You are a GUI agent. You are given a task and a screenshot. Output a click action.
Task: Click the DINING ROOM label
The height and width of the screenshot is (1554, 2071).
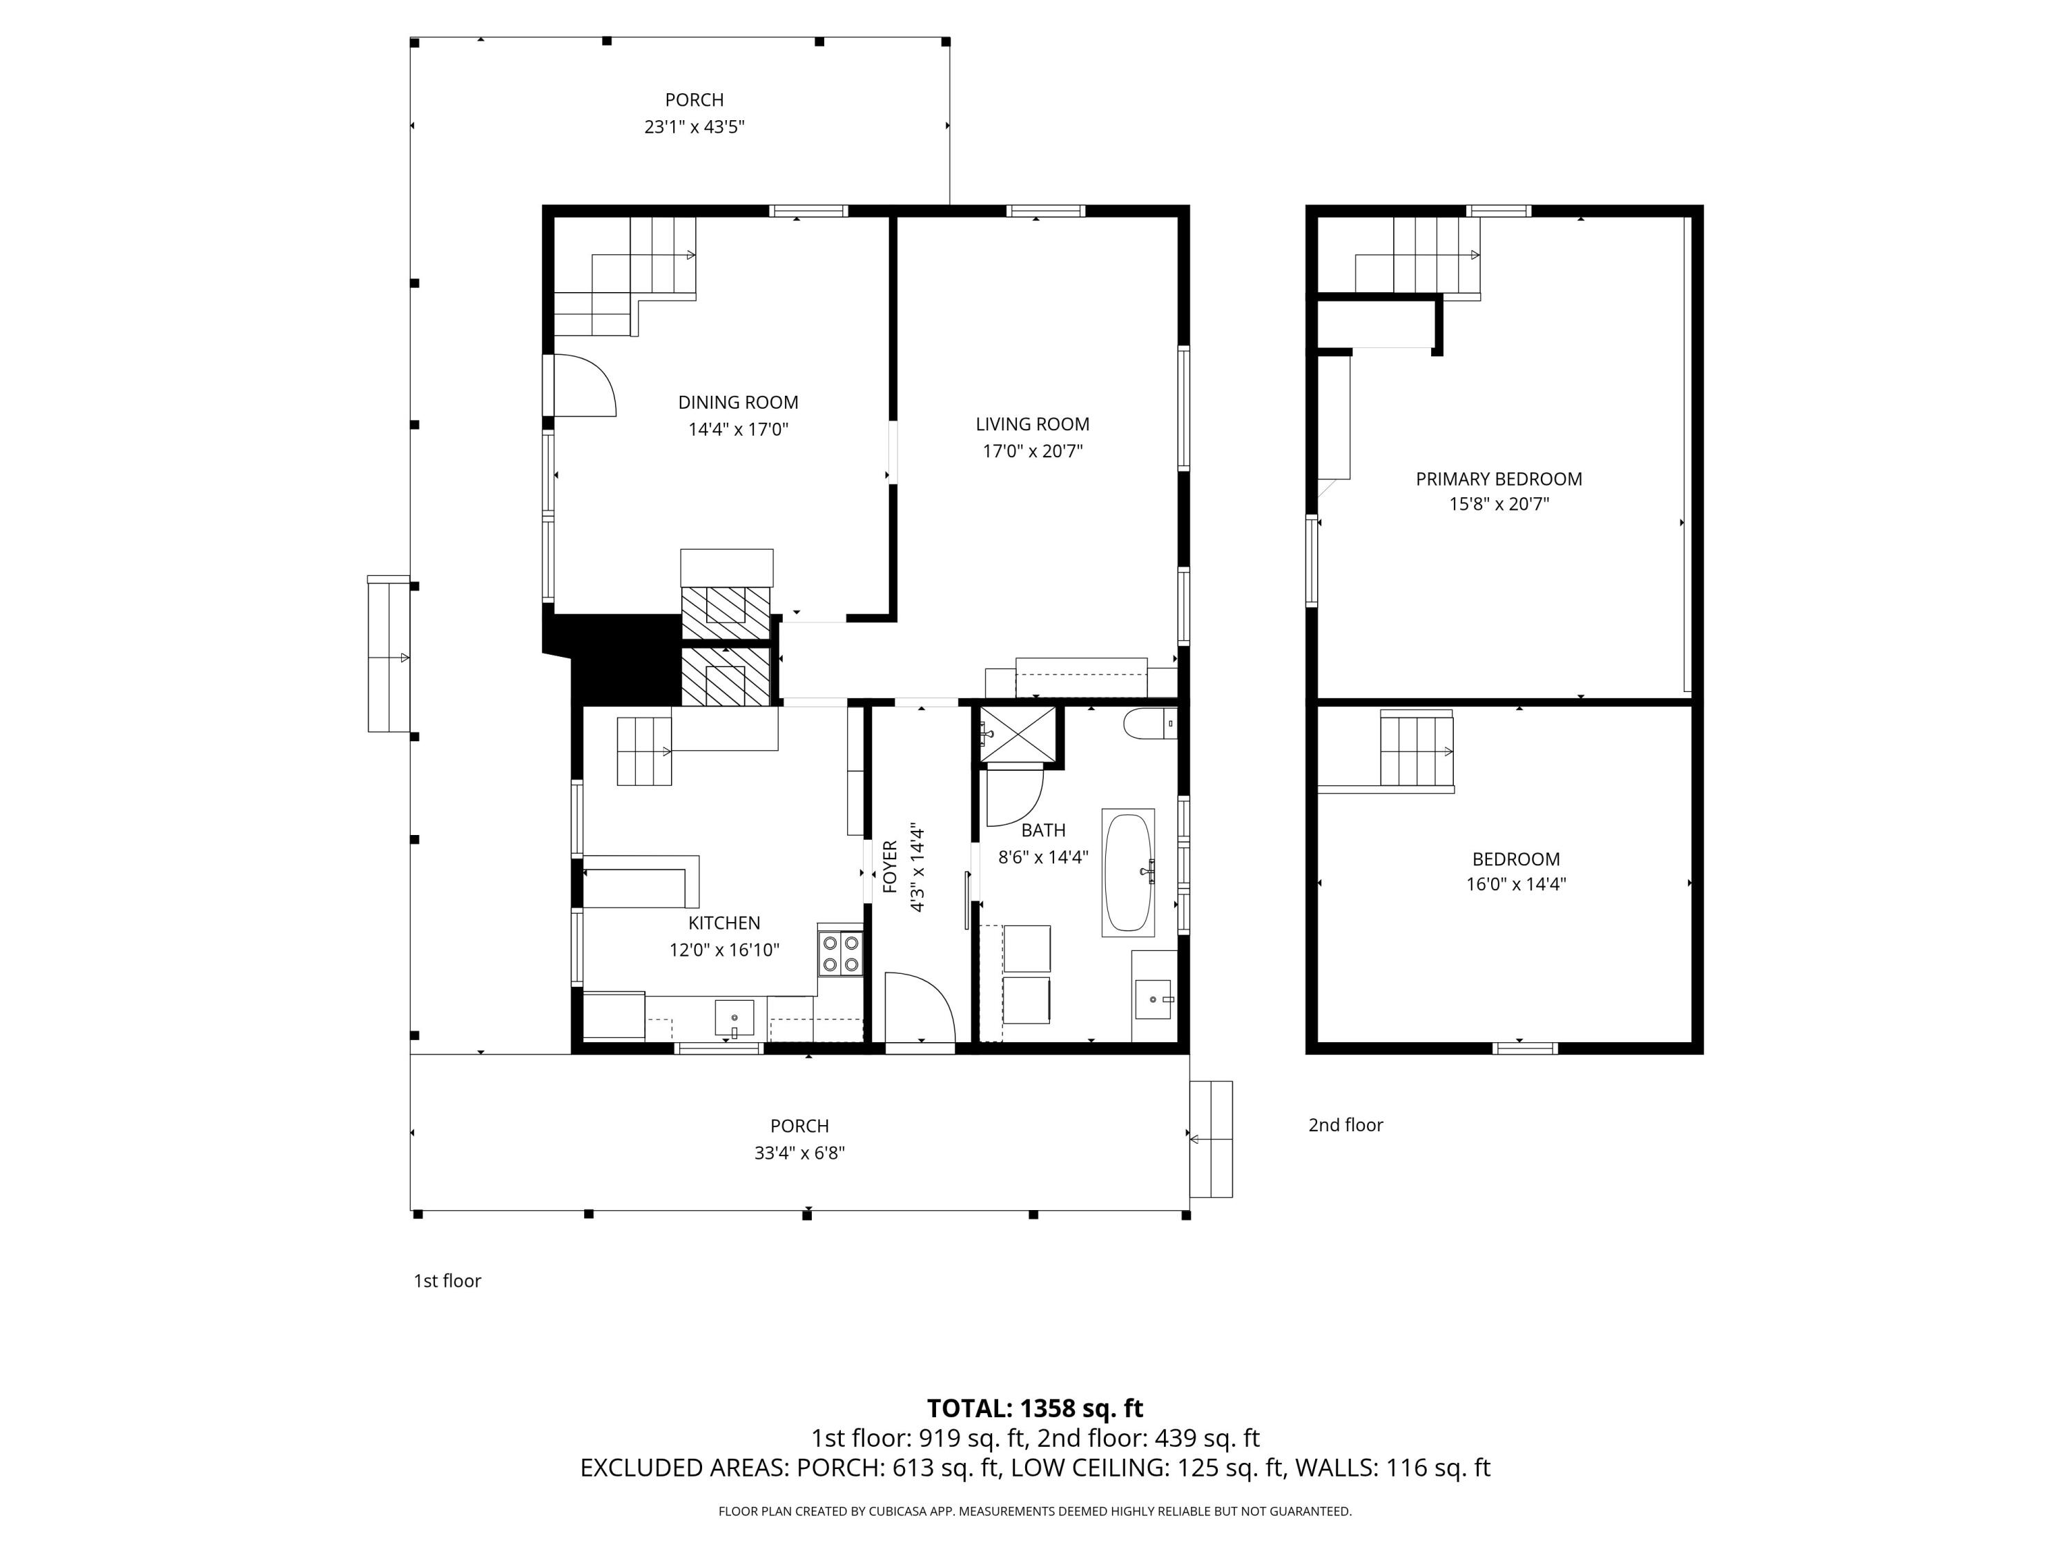(x=738, y=403)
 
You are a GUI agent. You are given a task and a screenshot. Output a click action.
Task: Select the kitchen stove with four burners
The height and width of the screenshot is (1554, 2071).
(x=840, y=952)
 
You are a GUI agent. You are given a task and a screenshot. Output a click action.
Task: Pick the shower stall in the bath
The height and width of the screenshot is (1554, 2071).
(x=1017, y=736)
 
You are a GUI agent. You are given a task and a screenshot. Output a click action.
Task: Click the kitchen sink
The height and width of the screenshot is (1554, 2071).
(x=734, y=1017)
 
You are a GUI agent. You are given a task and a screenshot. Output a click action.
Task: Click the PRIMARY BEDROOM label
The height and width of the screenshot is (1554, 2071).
(x=1498, y=479)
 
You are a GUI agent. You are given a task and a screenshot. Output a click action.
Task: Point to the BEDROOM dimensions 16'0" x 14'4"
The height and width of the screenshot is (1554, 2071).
(x=1516, y=884)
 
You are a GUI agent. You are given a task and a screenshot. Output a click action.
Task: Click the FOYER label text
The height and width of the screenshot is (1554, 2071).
(x=889, y=867)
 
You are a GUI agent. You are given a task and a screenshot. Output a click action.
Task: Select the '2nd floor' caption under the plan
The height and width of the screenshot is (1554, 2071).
(x=1345, y=1125)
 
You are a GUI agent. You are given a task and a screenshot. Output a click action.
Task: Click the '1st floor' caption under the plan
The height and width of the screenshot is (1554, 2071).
(x=447, y=1280)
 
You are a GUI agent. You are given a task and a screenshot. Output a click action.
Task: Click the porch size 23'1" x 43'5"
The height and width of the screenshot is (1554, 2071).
(x=694, y=126)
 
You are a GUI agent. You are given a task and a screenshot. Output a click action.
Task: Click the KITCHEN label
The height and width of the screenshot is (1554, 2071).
(x=723, y=923)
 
